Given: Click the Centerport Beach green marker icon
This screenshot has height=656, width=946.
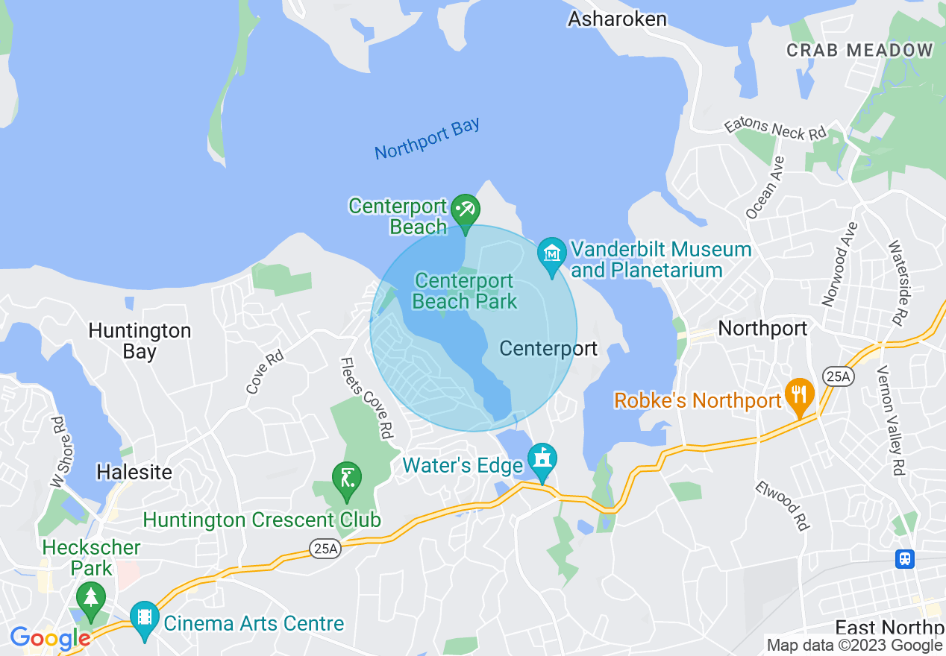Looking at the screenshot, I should pyautogui.click(x=466, y=210).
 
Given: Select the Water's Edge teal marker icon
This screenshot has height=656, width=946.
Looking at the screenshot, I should pyautogui.click(x=542, y=458).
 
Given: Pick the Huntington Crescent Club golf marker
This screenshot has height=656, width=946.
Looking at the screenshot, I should pyautogui.click(x=346, y=478).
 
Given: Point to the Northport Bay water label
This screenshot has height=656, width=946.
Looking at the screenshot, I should pyautogui.click(x=427, y=139).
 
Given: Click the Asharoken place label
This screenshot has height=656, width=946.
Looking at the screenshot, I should pyautogui.click(x=617, y=19).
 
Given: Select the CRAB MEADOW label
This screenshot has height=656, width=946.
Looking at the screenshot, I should pyautogui.click(x=859, y=50).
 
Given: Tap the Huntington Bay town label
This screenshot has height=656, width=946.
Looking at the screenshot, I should pyautogui.click(x=140, y=341).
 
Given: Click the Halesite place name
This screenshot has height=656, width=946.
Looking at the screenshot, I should pyautogui.click(x=134, y=472).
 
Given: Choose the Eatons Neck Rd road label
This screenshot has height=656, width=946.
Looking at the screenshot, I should pyautogui.click(x=775, y=128).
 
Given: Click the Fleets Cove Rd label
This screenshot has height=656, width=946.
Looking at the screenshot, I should pyautogui.click(x=366, y=398).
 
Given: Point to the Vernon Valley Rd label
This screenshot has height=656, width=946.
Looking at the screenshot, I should pyautogui.click(x=891, y=420).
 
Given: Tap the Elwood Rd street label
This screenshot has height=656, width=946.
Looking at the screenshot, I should pyautogui.click(x=782, y=505).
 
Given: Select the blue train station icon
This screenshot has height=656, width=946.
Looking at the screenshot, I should pyautogui.click(x=905, y=558).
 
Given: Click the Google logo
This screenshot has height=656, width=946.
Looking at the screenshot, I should pyautogui.click(x=50, y=638).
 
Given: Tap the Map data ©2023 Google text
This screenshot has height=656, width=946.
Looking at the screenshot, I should pyautogui.click(x=854, y=646).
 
